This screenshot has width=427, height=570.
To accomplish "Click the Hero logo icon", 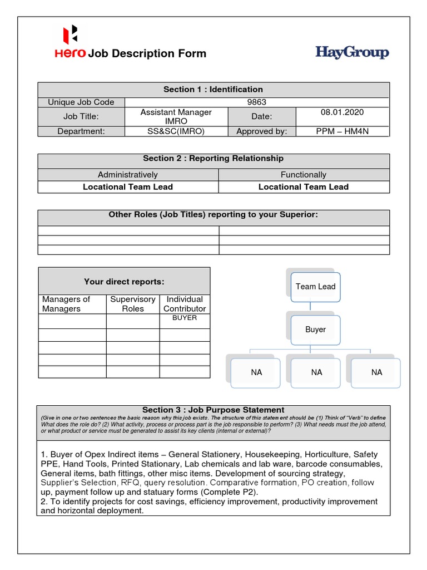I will [x=71, y=35].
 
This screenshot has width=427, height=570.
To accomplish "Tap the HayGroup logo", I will [x=352, y=53].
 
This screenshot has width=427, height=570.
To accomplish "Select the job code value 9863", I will [x=256, y=102].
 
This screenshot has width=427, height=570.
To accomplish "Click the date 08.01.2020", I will [x=342, y=112].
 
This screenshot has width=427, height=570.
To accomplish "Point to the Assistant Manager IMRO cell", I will [x=176, y=116].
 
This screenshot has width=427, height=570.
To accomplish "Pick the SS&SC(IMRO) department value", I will [x=172, y=131].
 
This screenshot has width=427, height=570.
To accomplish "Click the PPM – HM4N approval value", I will [x=342, y=131].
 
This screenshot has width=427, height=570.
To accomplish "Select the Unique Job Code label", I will [x=81, y=102].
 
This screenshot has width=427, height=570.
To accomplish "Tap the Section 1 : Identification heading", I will [x=213, y=89].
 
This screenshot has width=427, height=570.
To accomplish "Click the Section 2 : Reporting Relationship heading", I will [x=213, y=159].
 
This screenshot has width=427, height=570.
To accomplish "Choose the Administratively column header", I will [x=128, y=175].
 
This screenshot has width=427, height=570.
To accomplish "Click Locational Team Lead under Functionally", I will [x=304, y=187].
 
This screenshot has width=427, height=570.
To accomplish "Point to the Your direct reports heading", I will [x=124, y=282].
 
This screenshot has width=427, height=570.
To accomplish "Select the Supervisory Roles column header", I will [x=133, y=304].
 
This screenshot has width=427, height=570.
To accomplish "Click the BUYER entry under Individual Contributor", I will [x=185, y=318].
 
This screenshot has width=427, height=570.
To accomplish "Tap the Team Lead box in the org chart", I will [x=315, y=287].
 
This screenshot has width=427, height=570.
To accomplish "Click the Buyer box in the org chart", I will [x=315, y=330].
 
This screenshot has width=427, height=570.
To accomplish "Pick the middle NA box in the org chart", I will [x=316, y=372].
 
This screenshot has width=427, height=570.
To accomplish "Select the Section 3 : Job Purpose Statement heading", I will [x=213, y=410].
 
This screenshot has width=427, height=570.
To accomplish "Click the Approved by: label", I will [x=261, y=131].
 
